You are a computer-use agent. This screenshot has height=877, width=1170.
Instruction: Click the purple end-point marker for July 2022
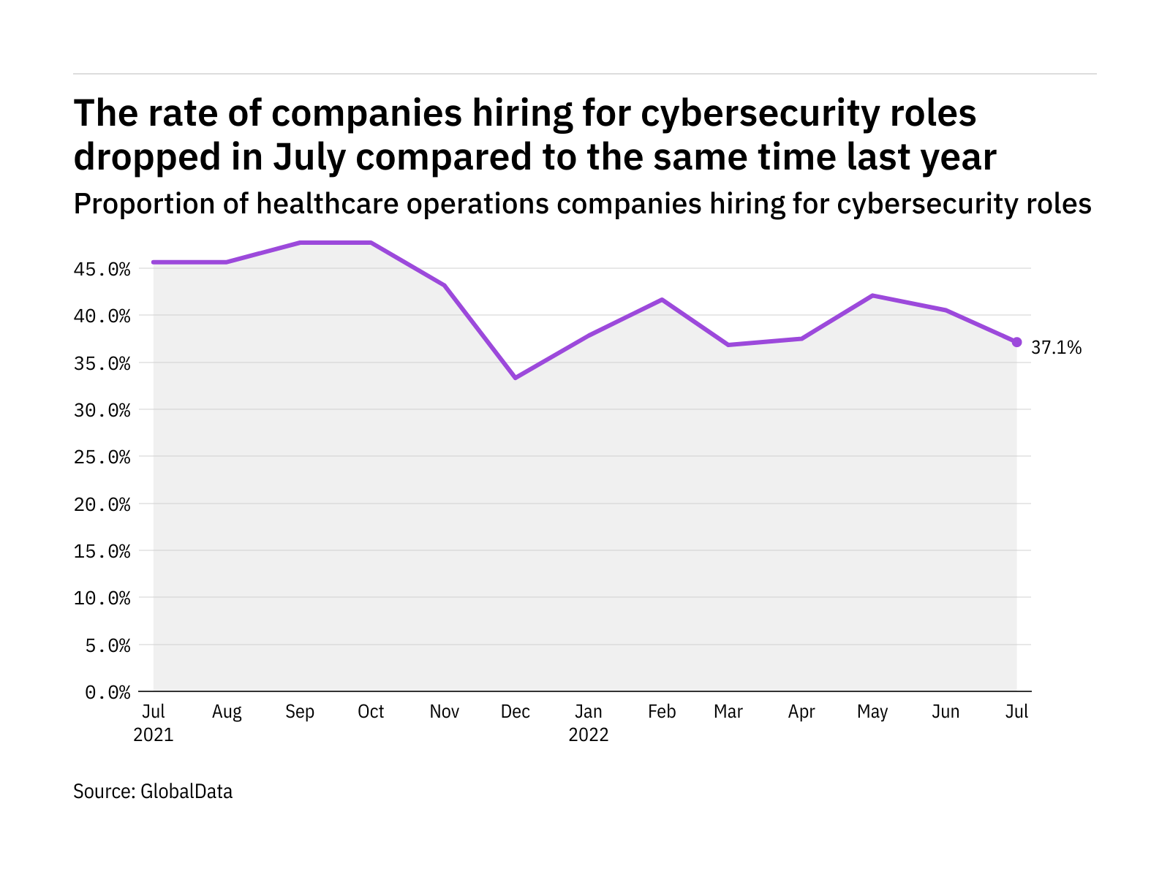(1016, 342)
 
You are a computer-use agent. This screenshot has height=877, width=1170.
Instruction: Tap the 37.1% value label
(1056, 348)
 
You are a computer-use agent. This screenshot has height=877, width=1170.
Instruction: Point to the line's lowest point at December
(516, 378)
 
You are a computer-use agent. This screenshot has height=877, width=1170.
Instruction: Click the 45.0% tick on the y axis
(102, 270)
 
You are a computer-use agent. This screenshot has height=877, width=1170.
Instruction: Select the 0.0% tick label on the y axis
(107, 692)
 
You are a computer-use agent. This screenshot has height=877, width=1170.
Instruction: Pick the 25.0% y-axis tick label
(102, 458)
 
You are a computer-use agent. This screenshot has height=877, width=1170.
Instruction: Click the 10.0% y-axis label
(102, 599)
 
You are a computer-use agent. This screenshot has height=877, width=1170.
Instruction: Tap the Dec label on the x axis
(516, 712)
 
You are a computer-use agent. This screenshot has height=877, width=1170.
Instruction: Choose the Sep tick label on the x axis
(299, 712)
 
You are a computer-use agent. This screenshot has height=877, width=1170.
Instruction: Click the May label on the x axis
(872, 712)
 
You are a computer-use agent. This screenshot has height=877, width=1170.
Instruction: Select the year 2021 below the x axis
(154, 734)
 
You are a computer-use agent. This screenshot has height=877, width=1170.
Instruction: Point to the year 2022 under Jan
(589, 734)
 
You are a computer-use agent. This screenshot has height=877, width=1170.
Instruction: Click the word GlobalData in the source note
(186, 791)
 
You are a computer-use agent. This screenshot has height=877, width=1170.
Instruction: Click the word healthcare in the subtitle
(328, 204)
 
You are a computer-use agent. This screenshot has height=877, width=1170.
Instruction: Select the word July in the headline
(308, 157)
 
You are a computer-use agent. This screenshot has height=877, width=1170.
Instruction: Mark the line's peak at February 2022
(662, 300)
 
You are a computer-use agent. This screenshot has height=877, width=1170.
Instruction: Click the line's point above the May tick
(872, 295)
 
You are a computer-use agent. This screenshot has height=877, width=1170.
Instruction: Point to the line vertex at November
(444, 285)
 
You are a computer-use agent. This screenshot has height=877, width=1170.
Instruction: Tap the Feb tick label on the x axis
(662, 712)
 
